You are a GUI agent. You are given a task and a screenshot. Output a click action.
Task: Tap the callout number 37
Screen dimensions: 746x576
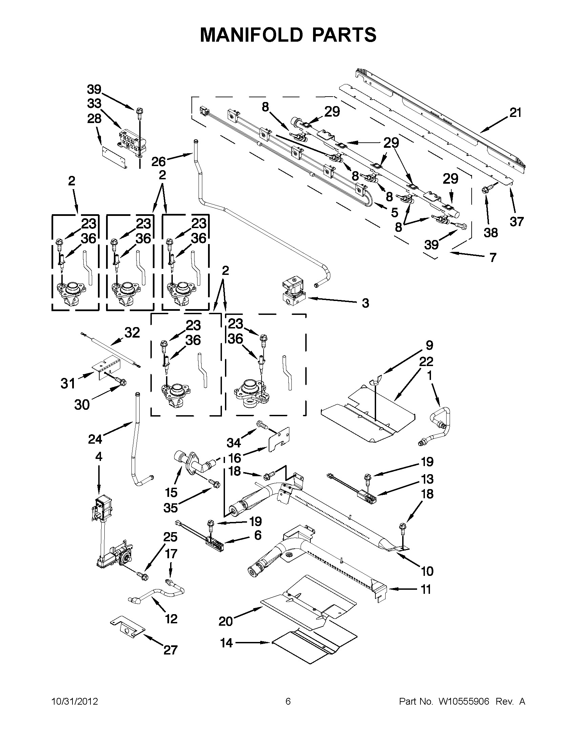[516, 222]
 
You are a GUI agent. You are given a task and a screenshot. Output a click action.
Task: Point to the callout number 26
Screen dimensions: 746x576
[159, 162]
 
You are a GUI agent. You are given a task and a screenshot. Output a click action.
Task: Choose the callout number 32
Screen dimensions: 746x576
[132, 332]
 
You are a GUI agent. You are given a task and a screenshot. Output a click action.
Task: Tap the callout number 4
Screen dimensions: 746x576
[99, 457]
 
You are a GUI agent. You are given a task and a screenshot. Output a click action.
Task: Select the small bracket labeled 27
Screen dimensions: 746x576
[127, 627]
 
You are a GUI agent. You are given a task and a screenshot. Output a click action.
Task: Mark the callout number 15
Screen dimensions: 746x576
[171, 492]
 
